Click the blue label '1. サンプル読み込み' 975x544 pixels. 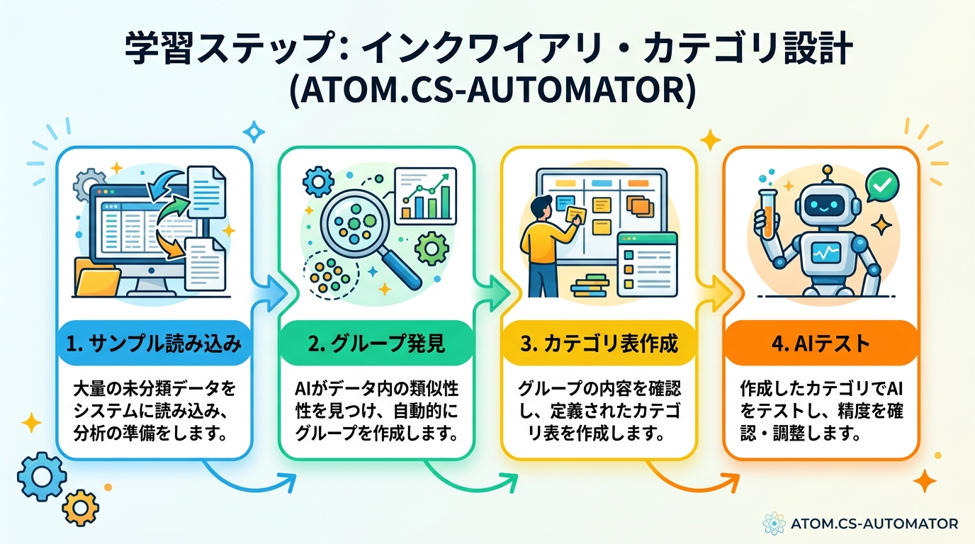[x=154, y=345]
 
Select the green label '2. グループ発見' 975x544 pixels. [x=376, y=345]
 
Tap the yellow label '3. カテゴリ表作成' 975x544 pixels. [x=599, y=345]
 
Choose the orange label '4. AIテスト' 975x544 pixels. [x=821, y=345]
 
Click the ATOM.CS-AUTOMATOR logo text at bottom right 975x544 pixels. [x=874, y=524]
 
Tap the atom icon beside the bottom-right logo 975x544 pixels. [x=774, y=523]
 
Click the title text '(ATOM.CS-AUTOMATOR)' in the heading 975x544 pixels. [x=487, y=92]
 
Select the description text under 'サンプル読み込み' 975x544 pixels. [x=154, y=412]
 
